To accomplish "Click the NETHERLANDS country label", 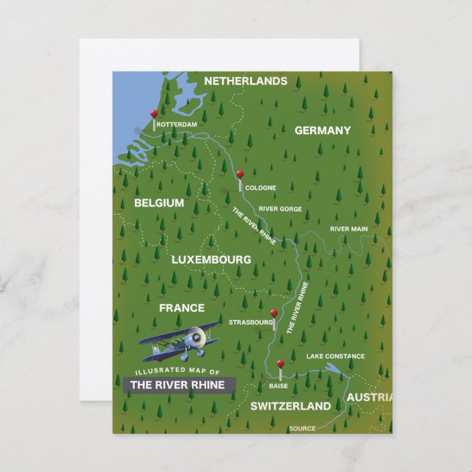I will click(x=245, y=81).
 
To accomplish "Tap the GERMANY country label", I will click(x=322, y=130).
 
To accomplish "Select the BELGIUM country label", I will click(x=159, y=203).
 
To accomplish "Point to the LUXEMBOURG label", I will click(x=211, y=259).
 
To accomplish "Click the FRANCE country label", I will click(x=181, y=309).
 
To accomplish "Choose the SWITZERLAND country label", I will click(x=291, y=405).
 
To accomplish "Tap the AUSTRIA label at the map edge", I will click(x=369, y=397).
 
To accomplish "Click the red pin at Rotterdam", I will click(x=153, y=114).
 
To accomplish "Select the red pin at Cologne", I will click(x=240, y=175).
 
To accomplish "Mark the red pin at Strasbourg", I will click(x=274, y=313).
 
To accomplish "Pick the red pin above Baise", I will click(x=280, y=364).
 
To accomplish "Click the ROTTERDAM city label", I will click(x=177, y=125).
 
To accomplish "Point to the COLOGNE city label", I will click(x=260, y=188).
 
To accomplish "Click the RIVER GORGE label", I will click(x=280, y=209).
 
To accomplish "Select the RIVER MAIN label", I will click(x=349, y=229).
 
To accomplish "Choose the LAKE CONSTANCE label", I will click(x=335, y=357).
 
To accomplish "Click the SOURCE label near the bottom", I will click(x=302, y=428).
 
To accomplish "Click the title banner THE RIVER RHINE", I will click(x=177, y=384).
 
